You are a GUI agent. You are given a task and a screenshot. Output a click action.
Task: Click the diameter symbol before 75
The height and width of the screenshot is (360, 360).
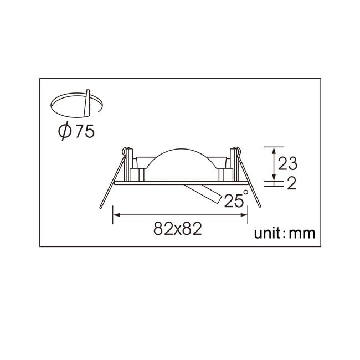tap(64, 132)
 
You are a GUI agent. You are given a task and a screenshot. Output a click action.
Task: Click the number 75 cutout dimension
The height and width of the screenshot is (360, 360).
tap(85, 132)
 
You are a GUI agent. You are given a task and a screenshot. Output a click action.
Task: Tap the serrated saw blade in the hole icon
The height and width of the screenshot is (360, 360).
tap(88, 104)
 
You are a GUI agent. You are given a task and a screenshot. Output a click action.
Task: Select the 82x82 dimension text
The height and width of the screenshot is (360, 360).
tap(177, 228)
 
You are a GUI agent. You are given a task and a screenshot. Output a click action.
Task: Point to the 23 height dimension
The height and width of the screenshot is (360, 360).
tap(287, 163)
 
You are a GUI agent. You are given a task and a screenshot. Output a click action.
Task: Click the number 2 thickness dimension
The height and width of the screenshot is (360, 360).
tap(291, 183)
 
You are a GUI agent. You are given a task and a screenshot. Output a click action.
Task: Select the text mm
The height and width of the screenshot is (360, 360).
tap(302, 234)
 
